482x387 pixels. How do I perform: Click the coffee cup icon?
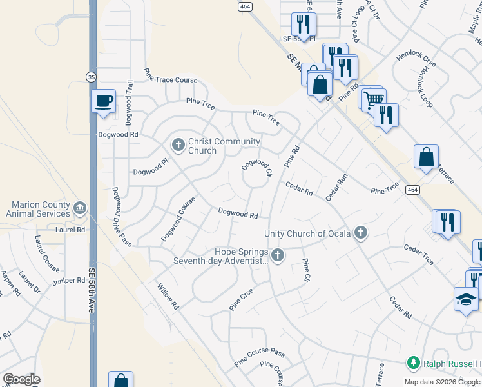103,101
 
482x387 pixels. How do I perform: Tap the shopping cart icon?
373,99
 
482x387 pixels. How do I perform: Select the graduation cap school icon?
466,299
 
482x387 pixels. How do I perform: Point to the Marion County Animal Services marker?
80,208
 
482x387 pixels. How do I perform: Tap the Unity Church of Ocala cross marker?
361,233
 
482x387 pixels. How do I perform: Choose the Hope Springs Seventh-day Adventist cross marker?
278,255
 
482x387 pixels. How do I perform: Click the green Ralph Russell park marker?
413,363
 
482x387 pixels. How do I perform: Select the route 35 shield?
92,77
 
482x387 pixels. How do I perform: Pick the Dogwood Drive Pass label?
121,217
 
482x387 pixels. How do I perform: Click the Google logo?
21,380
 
